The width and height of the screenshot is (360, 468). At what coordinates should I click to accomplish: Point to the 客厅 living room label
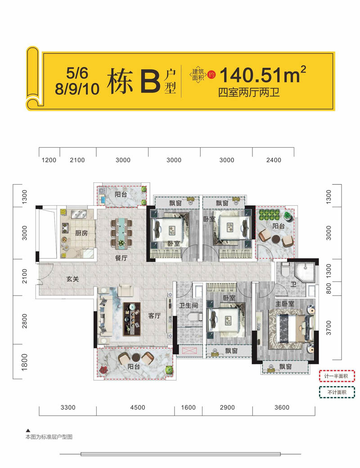pyautogui.click(x=154, y=316)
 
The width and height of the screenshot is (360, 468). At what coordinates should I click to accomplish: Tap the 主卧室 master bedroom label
pyautogui.click(x=285, y=304)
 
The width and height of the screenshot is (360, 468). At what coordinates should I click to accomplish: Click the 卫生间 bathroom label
pyautogui.click(x=188, y=305)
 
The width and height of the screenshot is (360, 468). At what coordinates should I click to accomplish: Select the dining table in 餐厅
pyautogui.click(x=122, y=232)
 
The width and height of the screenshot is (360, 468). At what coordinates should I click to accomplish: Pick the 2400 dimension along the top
pyautogui.click(x=274, y=160)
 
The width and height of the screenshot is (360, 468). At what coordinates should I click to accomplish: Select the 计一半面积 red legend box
pyautogui.click(x=337, y=376)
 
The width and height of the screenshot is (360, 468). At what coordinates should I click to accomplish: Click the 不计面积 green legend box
pyautogui.click(x=337, y=392)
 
